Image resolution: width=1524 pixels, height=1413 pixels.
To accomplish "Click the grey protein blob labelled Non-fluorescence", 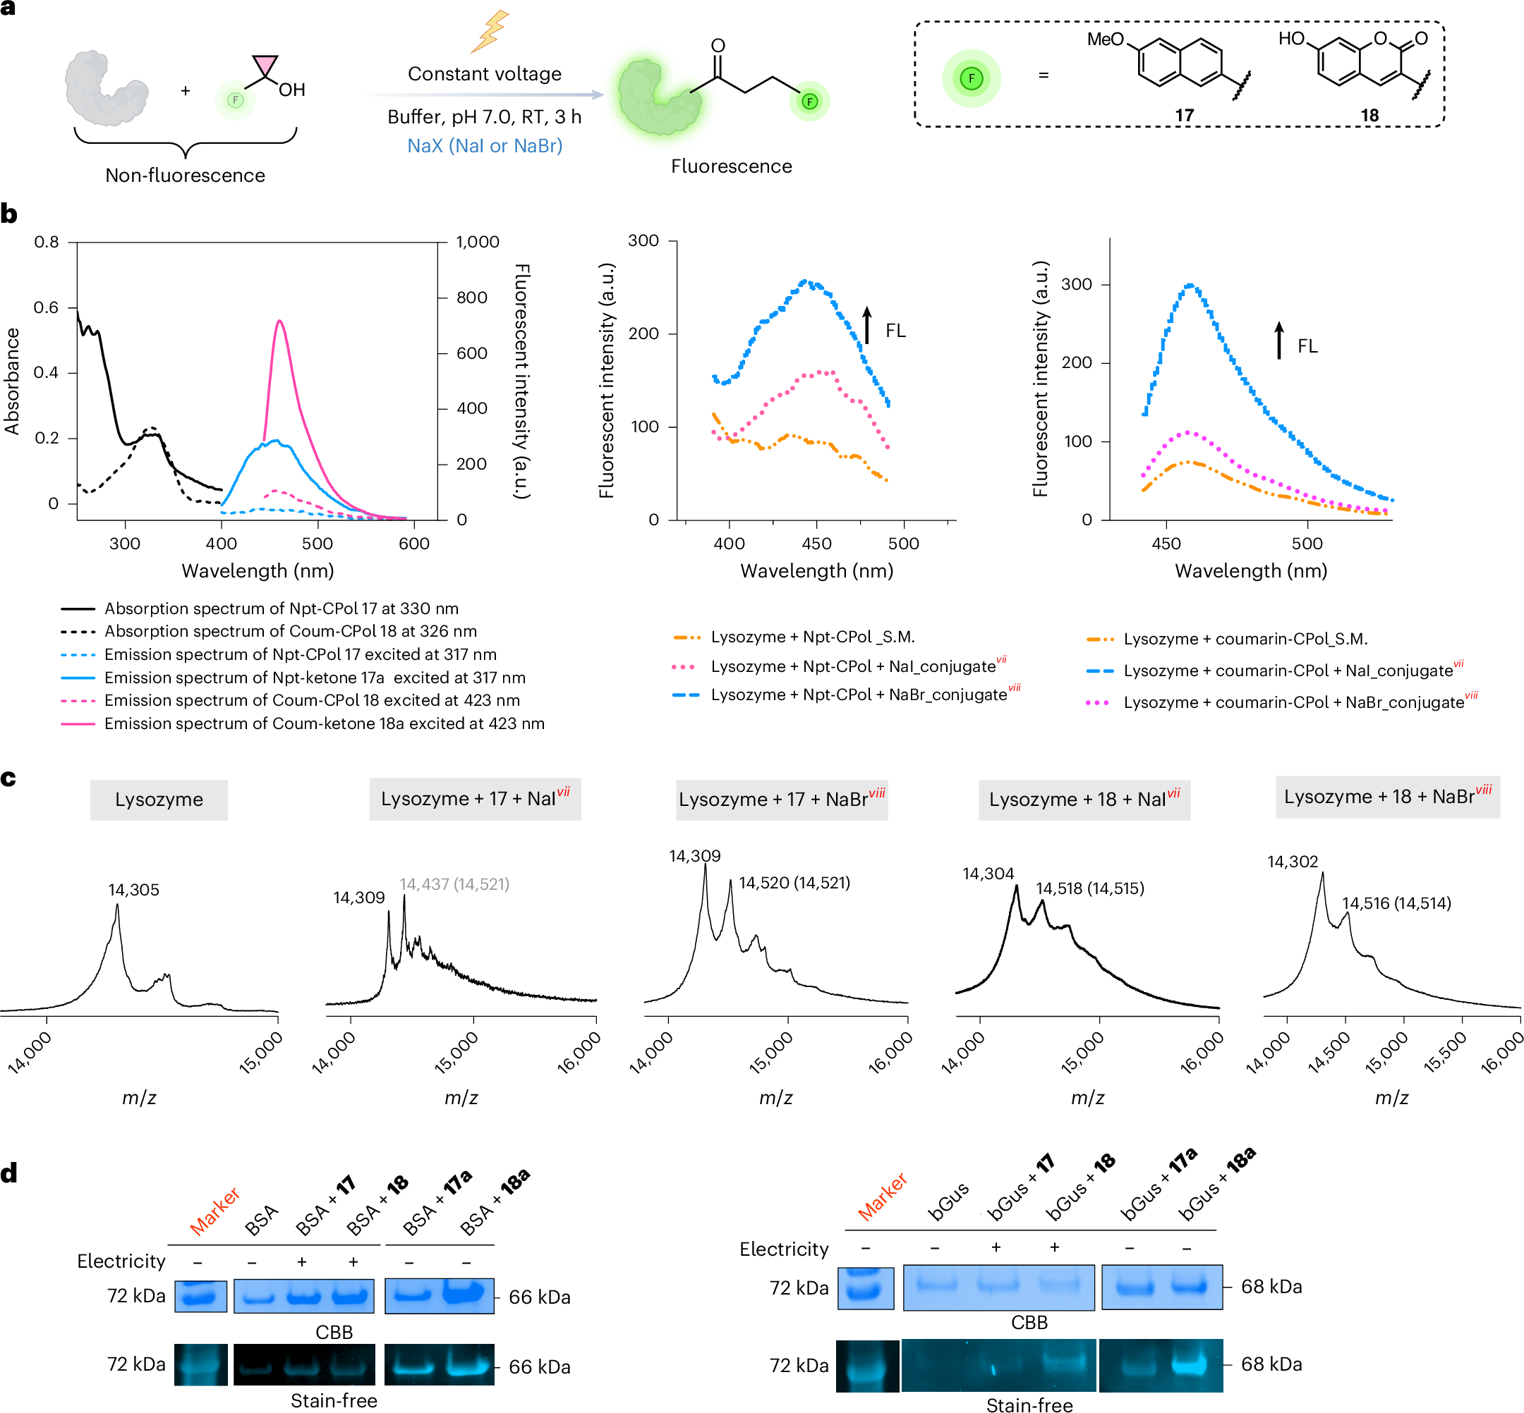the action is pos(106,87).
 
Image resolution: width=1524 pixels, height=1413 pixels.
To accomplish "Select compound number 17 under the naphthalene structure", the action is pos(1185,116).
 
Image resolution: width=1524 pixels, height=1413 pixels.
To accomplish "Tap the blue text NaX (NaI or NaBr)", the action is pos(485,145).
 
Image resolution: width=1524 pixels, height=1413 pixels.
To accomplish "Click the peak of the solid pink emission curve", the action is pos(280,320).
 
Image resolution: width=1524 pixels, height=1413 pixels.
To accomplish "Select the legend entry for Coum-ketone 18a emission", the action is pos(303,723).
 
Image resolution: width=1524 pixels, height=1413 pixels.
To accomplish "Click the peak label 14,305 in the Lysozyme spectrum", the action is pos(134,890).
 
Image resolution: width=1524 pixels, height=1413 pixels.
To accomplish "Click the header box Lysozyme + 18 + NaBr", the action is pos(1387,797).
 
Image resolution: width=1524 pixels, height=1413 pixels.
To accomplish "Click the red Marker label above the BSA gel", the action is pos(215,1211).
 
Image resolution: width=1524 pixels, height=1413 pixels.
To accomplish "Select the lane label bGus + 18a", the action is pos(1216,1185).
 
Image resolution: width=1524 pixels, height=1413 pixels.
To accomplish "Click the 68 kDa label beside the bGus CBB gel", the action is pos(1271,1287).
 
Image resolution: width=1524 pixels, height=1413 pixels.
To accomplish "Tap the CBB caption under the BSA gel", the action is pos(334,1332).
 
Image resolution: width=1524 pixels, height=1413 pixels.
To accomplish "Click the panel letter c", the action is pos(8,778).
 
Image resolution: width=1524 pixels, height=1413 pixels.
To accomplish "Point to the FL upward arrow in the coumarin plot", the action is pos(1279,341).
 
